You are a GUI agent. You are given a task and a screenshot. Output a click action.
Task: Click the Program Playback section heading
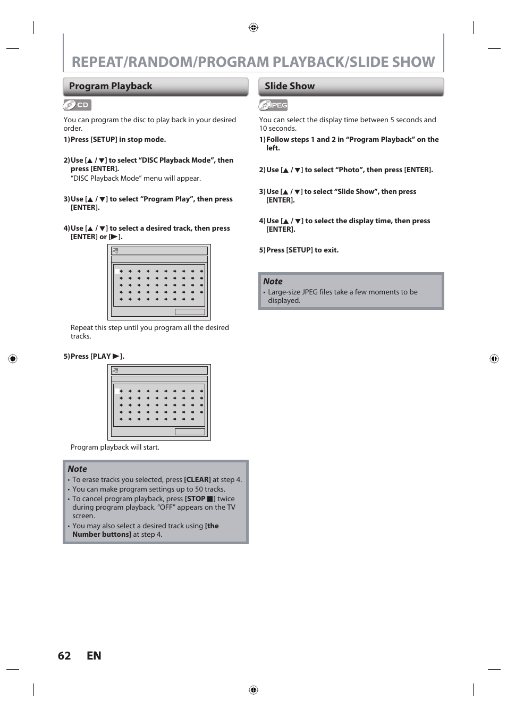(x=111, y=86)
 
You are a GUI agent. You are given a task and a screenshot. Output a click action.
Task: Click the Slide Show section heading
(x=290, y=86)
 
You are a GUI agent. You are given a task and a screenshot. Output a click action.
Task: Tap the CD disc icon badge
(x=78, y=105)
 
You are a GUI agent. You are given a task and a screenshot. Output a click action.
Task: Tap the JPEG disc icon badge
(x=273, y=105)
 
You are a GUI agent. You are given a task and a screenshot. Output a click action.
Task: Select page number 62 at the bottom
(x=64, y=656)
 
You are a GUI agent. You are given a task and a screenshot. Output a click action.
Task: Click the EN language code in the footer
(x=94, y=656)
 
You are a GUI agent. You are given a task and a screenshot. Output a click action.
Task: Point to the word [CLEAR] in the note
(x=197, y=480)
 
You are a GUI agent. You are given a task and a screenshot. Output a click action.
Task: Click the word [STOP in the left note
(x=195, y=499)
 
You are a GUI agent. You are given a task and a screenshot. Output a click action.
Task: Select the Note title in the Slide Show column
(x=273, y=282)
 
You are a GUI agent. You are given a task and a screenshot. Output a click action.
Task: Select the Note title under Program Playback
(x=77, y=469)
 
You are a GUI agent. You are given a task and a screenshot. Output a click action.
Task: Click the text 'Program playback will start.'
(x=115, y=447)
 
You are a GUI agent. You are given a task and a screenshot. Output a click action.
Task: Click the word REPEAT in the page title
(x=96, y=62)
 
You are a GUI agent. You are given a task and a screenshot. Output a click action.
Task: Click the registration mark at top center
(x=253, y=28)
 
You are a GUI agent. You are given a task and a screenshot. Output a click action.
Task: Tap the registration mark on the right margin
(x=494, y=359)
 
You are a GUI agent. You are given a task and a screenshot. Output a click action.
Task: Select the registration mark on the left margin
(x=13, y=359)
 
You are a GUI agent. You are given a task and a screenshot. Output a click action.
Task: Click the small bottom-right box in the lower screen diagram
(x=190, y=432)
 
